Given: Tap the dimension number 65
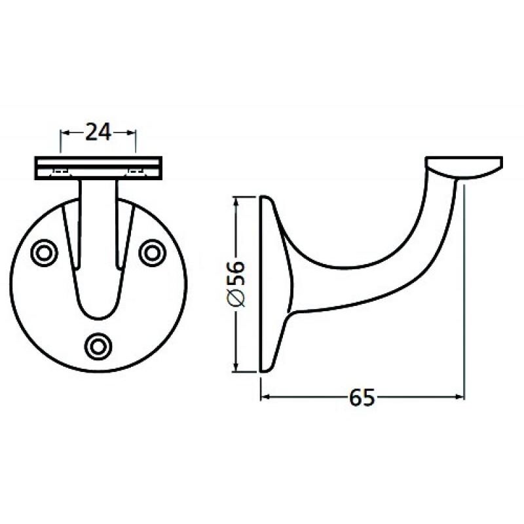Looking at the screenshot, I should (362, 396).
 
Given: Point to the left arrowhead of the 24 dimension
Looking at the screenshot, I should (64, 132).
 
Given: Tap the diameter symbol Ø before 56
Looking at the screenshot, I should (236, 299).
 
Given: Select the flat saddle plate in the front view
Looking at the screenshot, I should (99, 167).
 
